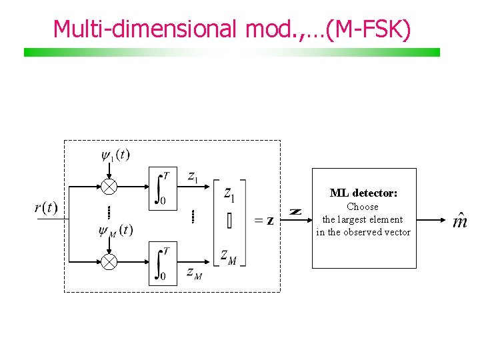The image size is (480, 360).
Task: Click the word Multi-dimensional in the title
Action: (x=145, y=29)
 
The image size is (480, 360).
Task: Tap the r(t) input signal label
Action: (x=46, y=207)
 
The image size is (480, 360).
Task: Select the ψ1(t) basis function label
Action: (x=115, y=155)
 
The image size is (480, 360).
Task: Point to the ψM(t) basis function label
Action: (x=115, y=231)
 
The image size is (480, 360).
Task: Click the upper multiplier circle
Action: (x=109, y=187)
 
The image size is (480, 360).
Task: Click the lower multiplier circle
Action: (x=109, y=262)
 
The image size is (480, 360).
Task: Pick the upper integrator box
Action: (x=163, y=187)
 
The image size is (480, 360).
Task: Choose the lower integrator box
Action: (x=163, y=263)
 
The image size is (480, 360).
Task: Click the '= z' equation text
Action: (x=263, y=221)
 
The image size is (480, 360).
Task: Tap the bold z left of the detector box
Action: (x=296, y=212)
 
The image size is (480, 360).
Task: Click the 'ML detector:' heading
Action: (x=363, y=193)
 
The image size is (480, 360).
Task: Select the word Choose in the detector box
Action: (x=363, y=207)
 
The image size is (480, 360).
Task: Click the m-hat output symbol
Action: (x=460, y=221)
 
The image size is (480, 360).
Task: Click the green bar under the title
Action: (x=232, y=52)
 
